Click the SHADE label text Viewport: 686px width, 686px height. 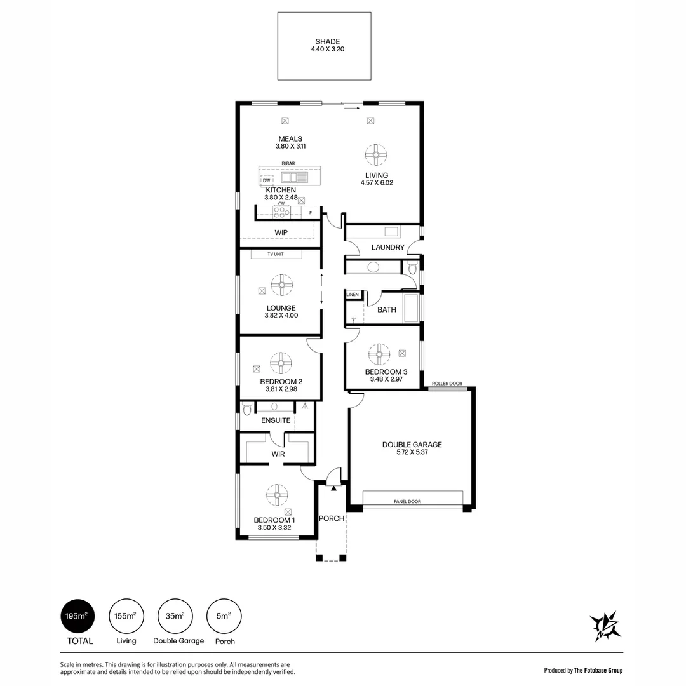(323, 42)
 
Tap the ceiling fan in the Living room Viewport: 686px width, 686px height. (376, 154)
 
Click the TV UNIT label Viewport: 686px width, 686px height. (276, 254)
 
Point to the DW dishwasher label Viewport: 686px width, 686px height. (267, 180)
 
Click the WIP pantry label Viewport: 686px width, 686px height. (281, 232)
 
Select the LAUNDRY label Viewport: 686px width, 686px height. (387, 247)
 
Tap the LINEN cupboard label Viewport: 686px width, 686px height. (353, 295)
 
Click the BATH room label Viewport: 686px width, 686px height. (386, 310)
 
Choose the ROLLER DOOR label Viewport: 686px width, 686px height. (447, 384)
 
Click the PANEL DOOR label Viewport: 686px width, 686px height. (407, 502)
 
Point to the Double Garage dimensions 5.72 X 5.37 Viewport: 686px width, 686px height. (412, 453)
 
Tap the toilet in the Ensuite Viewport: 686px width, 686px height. (247, 408)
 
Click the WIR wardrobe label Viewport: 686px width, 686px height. (278, 454)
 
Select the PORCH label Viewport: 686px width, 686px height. (332, 518)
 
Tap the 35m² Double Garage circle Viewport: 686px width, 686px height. (175, 616)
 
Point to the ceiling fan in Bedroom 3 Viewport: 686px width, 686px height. (379, 354)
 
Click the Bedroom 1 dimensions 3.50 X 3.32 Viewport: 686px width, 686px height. (274, 527)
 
